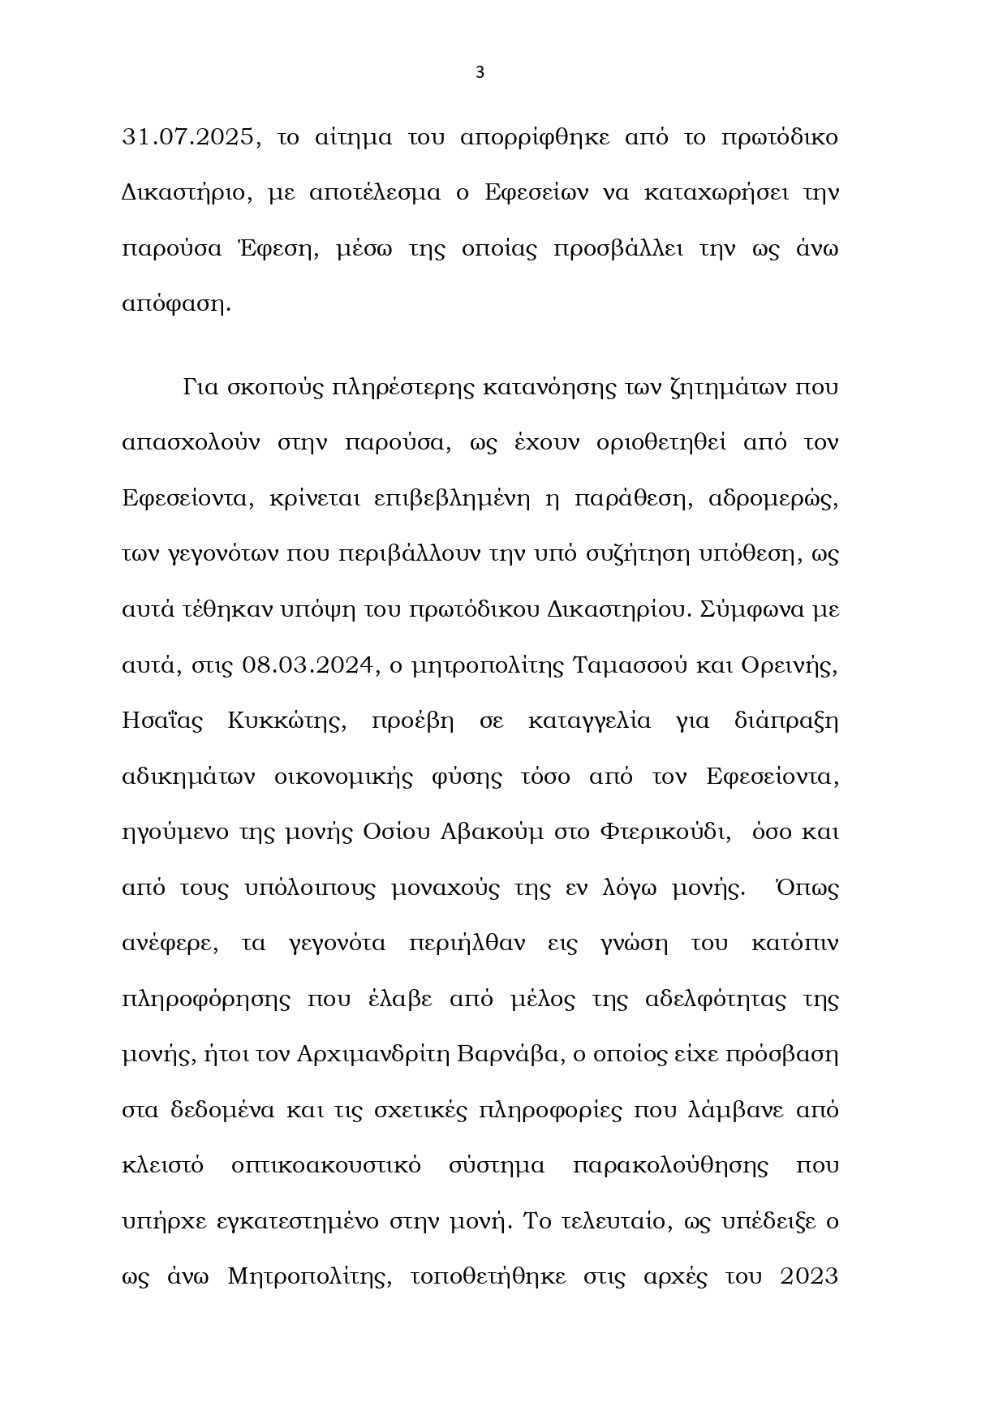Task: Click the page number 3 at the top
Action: point(479,72)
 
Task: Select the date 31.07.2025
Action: point(192,137)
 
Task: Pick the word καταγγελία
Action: point(589,721)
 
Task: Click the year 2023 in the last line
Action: point(808,1276)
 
